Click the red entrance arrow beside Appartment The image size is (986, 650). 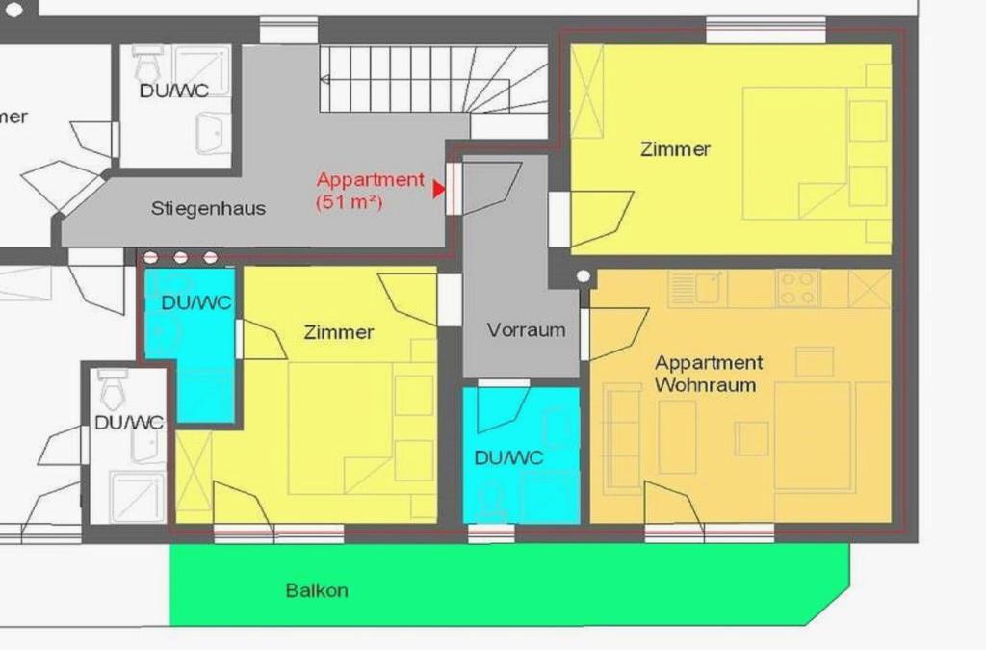[439, 189]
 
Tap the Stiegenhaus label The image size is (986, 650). [208, 208]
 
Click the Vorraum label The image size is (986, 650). [527, 330]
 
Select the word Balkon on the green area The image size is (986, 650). [317, 590]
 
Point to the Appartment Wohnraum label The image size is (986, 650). [709, 374]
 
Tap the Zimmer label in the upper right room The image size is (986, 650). [675, 149]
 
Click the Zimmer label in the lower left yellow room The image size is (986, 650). [339, 332]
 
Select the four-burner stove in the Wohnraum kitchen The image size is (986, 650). [797, 289]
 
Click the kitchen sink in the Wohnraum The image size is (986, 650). [697, 289]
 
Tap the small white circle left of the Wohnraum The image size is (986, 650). [584, 276]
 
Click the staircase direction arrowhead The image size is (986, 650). [325, 79]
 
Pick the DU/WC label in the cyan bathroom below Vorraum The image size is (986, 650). [508, 457]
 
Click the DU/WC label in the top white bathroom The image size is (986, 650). [173, 91]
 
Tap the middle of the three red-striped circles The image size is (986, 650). [180, 257]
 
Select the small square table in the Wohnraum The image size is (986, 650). [751, 438]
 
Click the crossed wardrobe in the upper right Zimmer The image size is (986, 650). [587, 91]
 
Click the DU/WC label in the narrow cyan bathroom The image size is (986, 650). [196, 302]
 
